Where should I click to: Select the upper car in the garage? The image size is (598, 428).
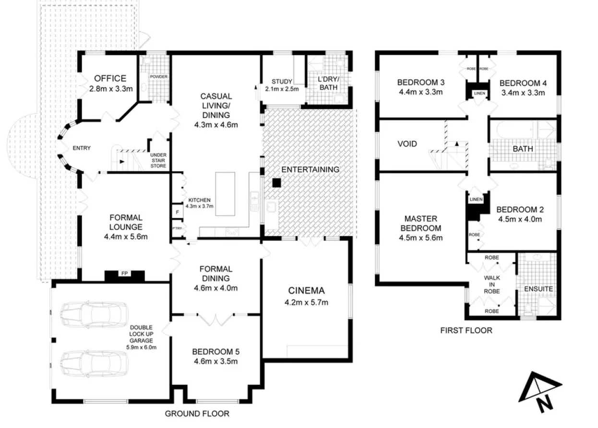point(94,315)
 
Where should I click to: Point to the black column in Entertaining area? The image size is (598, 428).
point(276,183)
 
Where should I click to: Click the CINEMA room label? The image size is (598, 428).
point(306,290)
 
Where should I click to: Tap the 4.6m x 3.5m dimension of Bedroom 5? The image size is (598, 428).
point(216,361)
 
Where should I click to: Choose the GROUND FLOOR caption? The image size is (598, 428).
point(197,414)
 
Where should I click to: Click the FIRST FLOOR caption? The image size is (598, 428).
point(466,330)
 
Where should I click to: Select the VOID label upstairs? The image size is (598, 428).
point(407,143)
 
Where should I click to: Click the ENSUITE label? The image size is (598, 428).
point(538,289)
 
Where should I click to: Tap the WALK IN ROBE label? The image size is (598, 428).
point(491,284)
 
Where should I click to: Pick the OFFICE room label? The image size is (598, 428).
point(110,79)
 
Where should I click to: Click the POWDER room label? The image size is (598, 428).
point(158,77)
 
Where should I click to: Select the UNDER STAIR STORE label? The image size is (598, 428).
point(158,161)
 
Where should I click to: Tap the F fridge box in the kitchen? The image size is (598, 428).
point(177,212)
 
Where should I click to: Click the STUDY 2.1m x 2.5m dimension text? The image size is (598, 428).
point(282,89)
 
